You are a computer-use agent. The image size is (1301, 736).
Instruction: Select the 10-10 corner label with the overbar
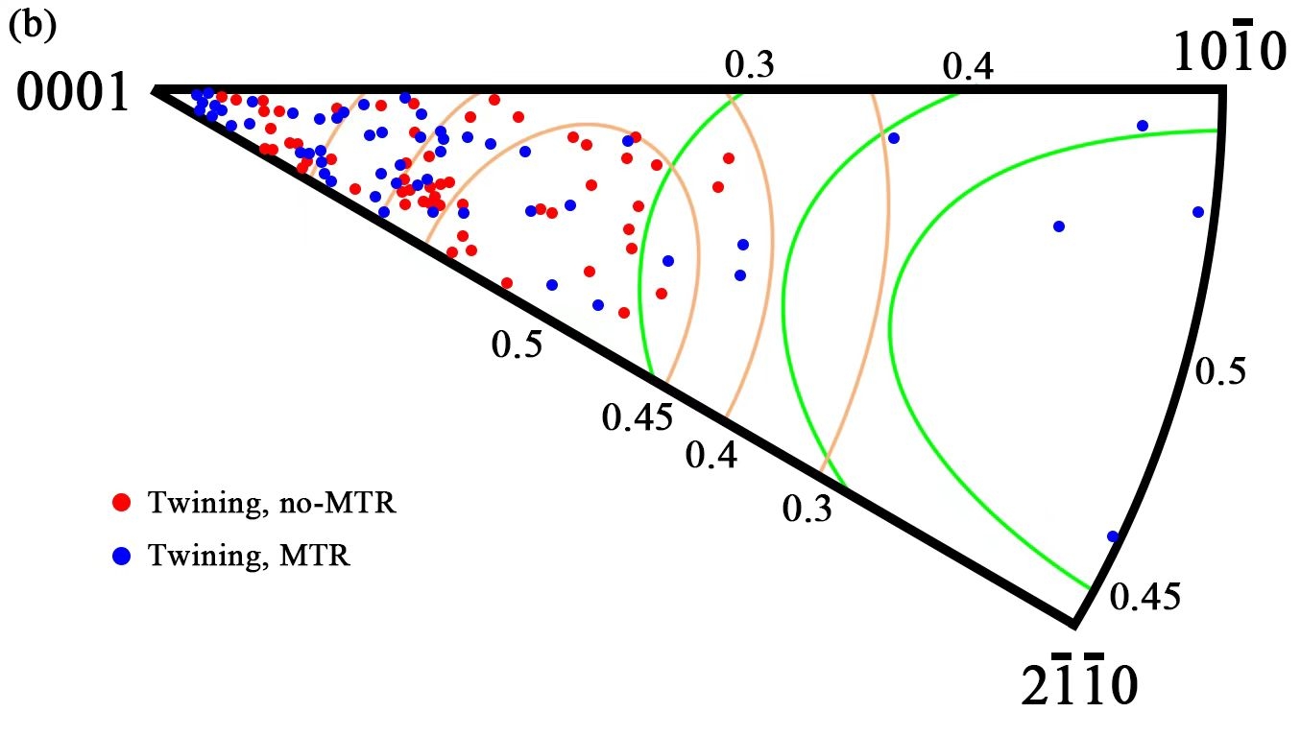point(1228,55)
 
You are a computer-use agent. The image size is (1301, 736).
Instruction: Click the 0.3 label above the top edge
point(748,64)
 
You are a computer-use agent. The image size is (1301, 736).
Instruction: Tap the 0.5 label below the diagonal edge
point(518,344)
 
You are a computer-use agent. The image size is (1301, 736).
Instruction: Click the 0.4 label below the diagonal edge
point(711,454)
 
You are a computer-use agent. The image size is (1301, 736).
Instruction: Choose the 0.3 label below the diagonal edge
point(807,510)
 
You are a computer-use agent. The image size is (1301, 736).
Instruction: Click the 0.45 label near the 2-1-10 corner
point(1144,596)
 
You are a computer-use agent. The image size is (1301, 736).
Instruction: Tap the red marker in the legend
point(122,502)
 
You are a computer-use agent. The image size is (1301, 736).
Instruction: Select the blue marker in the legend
point(122,554)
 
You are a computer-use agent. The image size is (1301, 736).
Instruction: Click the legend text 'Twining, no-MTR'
point(271,502)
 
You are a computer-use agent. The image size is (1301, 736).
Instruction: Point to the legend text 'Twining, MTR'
point(250,554)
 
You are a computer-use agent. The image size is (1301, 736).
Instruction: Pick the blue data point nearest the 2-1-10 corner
point(1113,536)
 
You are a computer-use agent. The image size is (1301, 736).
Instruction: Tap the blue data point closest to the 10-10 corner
point(1143,126)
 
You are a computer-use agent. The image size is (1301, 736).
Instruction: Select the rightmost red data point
point(729,158)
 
